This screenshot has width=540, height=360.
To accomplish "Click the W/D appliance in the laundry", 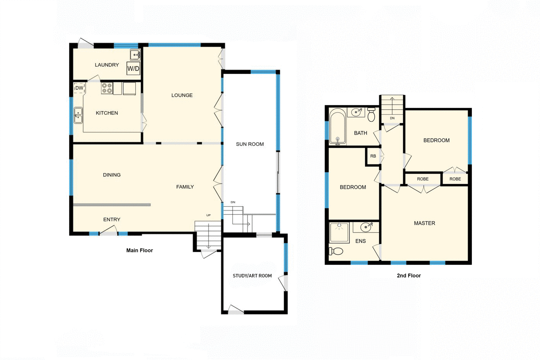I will click(x=133, y=68).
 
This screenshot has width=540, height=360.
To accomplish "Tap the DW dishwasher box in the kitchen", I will click(x=79, y=88).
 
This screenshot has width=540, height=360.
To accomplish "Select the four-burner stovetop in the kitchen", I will click(x=107, y=88).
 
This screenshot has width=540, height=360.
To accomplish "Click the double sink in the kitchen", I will click(x=78, y=115).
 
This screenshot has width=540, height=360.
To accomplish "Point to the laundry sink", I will click(x=135, y=54).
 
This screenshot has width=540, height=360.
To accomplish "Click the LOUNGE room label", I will click(x=182, y=95).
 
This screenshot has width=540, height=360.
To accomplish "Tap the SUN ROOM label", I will click(x=250, y=144).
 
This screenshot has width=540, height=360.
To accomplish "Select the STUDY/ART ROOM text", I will click(x=252, y=276).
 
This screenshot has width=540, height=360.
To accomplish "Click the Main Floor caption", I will click(x=139, y=250).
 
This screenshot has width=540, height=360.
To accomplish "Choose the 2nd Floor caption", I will click(x=409, y=276).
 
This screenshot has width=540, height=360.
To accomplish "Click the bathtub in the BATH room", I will click(x=337, y=127).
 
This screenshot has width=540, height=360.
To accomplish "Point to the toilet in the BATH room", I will click(x=371, y=115).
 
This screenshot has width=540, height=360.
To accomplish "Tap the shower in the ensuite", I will click(x=339, y=232).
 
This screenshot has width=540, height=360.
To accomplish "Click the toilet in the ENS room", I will click(x=336, y=251).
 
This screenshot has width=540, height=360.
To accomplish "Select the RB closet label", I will click(x=373, y=156).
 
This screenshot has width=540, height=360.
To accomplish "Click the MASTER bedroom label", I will click(x=424, y=223).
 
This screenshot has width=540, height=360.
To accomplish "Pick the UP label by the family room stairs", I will click(x=209, y=215).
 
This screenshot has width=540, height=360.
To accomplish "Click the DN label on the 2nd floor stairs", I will click(x=392, y=118).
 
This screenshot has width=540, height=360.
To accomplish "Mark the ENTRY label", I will click(x=112, y=220).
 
